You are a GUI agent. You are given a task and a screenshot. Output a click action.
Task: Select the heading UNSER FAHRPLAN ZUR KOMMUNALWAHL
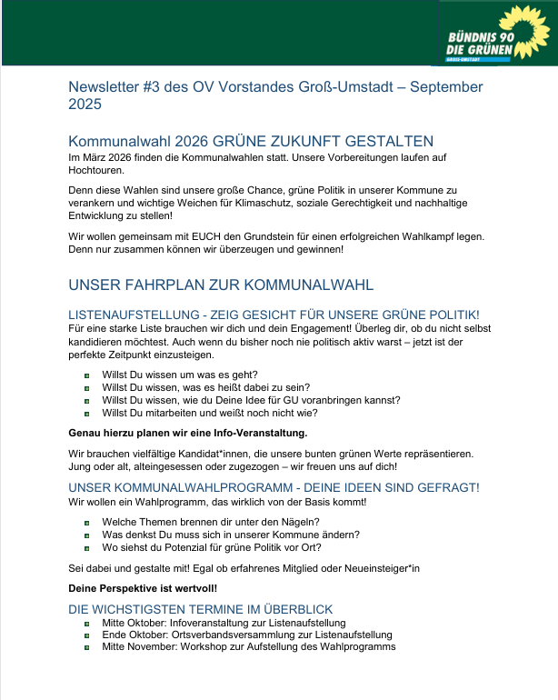click(221, 285)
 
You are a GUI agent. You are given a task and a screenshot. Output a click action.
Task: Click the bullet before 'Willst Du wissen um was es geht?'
click(85, 375)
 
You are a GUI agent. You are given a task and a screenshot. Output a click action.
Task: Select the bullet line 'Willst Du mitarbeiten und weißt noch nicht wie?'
click(209, 412)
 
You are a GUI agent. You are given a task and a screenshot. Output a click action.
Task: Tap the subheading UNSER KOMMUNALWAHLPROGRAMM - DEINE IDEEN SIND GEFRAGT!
click(274, 488)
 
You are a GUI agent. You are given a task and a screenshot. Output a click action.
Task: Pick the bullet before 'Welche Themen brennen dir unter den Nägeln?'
click(85, 523)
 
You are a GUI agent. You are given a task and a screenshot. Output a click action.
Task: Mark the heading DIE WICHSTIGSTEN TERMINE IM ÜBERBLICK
click(201, 609)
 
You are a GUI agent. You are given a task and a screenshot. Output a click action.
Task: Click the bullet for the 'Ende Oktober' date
click(85, 635)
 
